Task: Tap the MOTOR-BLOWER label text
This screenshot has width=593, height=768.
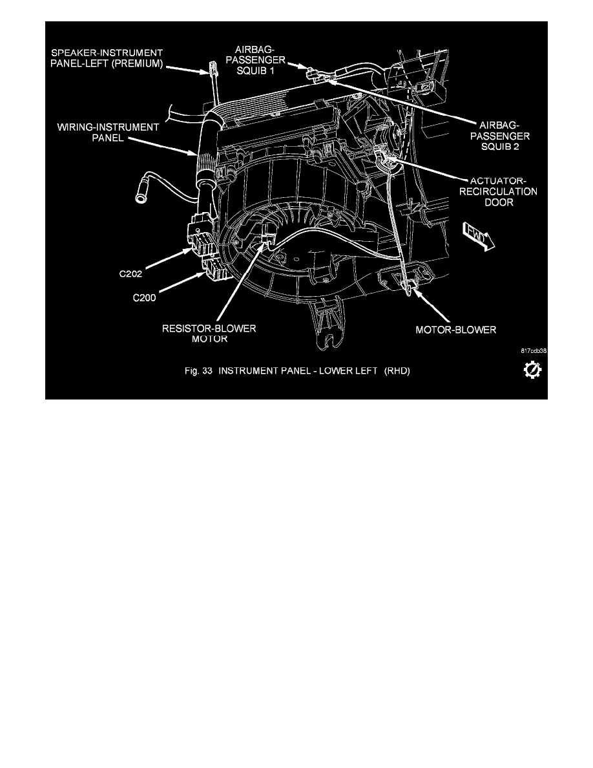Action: pos(455,329)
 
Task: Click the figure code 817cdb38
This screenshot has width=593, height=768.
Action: pos(533,351)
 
